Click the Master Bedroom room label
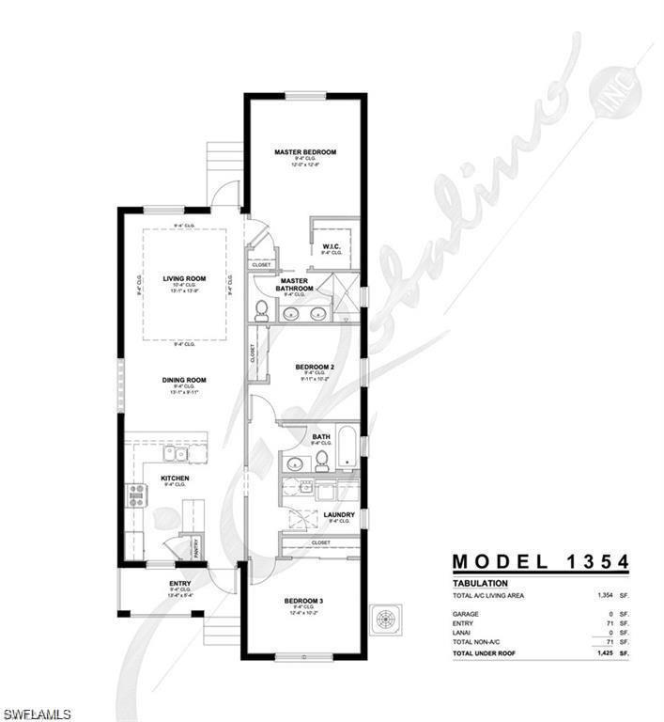[x=305, y=151]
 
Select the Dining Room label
[x=183, y=380]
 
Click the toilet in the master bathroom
[x=262, y=311]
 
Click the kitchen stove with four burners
[x=137, y=494]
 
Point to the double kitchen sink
[x=175, y=454]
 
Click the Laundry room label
[x=338, y=514]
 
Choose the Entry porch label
[x=179, y=584]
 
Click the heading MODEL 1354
[x=540, y=562]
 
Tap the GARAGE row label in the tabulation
[x=466, y=614]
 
